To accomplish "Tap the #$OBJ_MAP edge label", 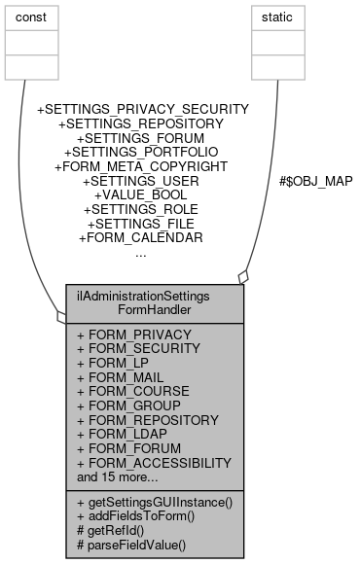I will click(314, 180).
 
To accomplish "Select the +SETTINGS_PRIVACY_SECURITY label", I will click(142, 110).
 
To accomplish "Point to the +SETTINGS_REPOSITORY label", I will click(142, 124).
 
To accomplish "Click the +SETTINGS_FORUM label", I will click(142, 139).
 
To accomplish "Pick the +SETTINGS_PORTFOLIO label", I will click(142, 153).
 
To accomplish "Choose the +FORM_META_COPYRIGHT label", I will click(142, 167).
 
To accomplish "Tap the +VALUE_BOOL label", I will click(142, 195).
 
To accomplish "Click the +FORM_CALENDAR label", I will click(142, 238).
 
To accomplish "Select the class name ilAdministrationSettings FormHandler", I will click(155, 302).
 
